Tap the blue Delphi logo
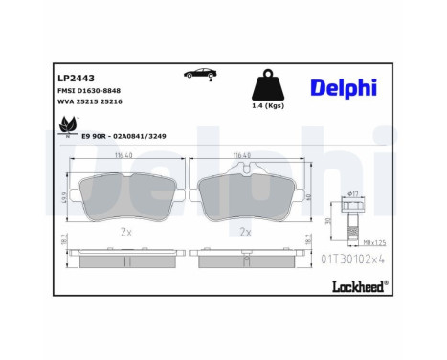342,89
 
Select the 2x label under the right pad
245,231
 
